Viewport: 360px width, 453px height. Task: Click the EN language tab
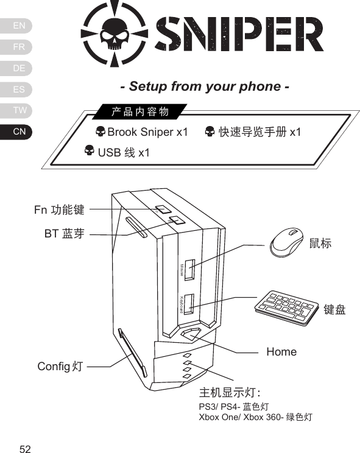(x=19, y=26)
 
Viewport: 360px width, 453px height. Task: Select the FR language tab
(x=19, y=47)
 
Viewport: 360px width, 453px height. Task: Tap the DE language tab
(x=19, y=68)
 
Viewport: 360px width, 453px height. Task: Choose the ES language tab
(x=19, y=90)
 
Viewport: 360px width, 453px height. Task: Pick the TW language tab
(x=19, y=110)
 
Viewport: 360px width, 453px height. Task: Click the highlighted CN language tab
(x=19, y=132)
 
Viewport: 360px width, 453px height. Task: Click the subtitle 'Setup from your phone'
(x=204, y=86)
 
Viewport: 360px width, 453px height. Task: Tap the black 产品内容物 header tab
(x=139, y=111)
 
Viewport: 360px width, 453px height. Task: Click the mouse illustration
(x=288, y=243)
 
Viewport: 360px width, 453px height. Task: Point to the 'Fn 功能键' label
(x=59, y=211)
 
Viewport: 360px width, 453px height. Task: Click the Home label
(x=281, y=352)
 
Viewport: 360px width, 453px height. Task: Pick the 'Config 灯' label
(x=60, y=367)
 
